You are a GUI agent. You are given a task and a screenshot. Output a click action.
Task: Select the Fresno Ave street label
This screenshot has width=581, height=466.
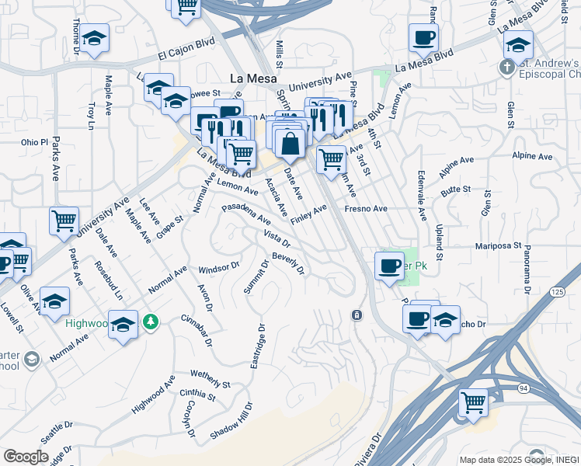[x=366, y=209]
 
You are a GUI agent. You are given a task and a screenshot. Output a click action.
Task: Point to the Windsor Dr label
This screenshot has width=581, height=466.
[x=219, y=268]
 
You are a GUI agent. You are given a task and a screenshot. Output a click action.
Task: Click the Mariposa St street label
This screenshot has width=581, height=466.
[x=498, y=245]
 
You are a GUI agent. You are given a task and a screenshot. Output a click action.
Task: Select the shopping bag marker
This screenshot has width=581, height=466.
[x=290, y=144]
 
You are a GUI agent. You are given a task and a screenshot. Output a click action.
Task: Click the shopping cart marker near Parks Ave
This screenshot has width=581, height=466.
[x=64, y=221]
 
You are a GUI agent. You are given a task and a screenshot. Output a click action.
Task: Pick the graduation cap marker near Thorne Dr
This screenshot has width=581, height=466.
[x=94, y=38]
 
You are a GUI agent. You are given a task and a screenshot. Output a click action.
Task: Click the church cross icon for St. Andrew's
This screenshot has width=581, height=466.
[x=506, y=68]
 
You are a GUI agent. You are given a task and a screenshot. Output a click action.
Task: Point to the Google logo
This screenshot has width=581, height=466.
[x=26, y=456]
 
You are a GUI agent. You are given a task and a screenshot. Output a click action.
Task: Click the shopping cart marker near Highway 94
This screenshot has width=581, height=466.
[x=473, y=402]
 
